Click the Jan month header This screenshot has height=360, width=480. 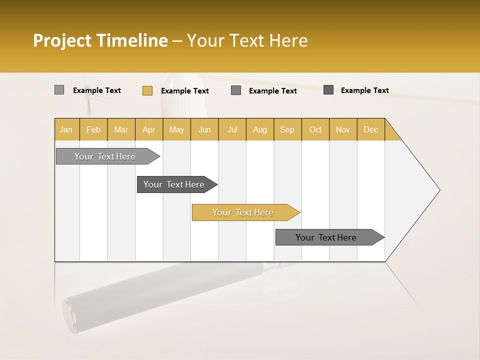coord(66,129)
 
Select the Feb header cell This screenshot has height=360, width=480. coord(93,129)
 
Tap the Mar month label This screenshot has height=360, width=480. coord(121,129)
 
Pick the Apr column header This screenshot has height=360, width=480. coord(149,129)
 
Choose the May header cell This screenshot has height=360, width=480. coord(176,129)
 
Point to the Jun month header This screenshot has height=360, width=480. coord(204,129)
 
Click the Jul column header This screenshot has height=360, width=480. coord(232,129)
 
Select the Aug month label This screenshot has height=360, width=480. coord(260,129)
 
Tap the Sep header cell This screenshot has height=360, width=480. coord(287,129)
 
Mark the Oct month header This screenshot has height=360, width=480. coord(315,129)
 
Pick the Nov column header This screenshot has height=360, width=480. coord(343,129)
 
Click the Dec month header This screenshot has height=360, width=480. coord(371,129)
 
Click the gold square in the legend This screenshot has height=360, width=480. coord(147,90)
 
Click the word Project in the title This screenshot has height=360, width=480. coord(62,40)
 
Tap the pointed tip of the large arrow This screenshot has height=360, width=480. coord(438,190)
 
